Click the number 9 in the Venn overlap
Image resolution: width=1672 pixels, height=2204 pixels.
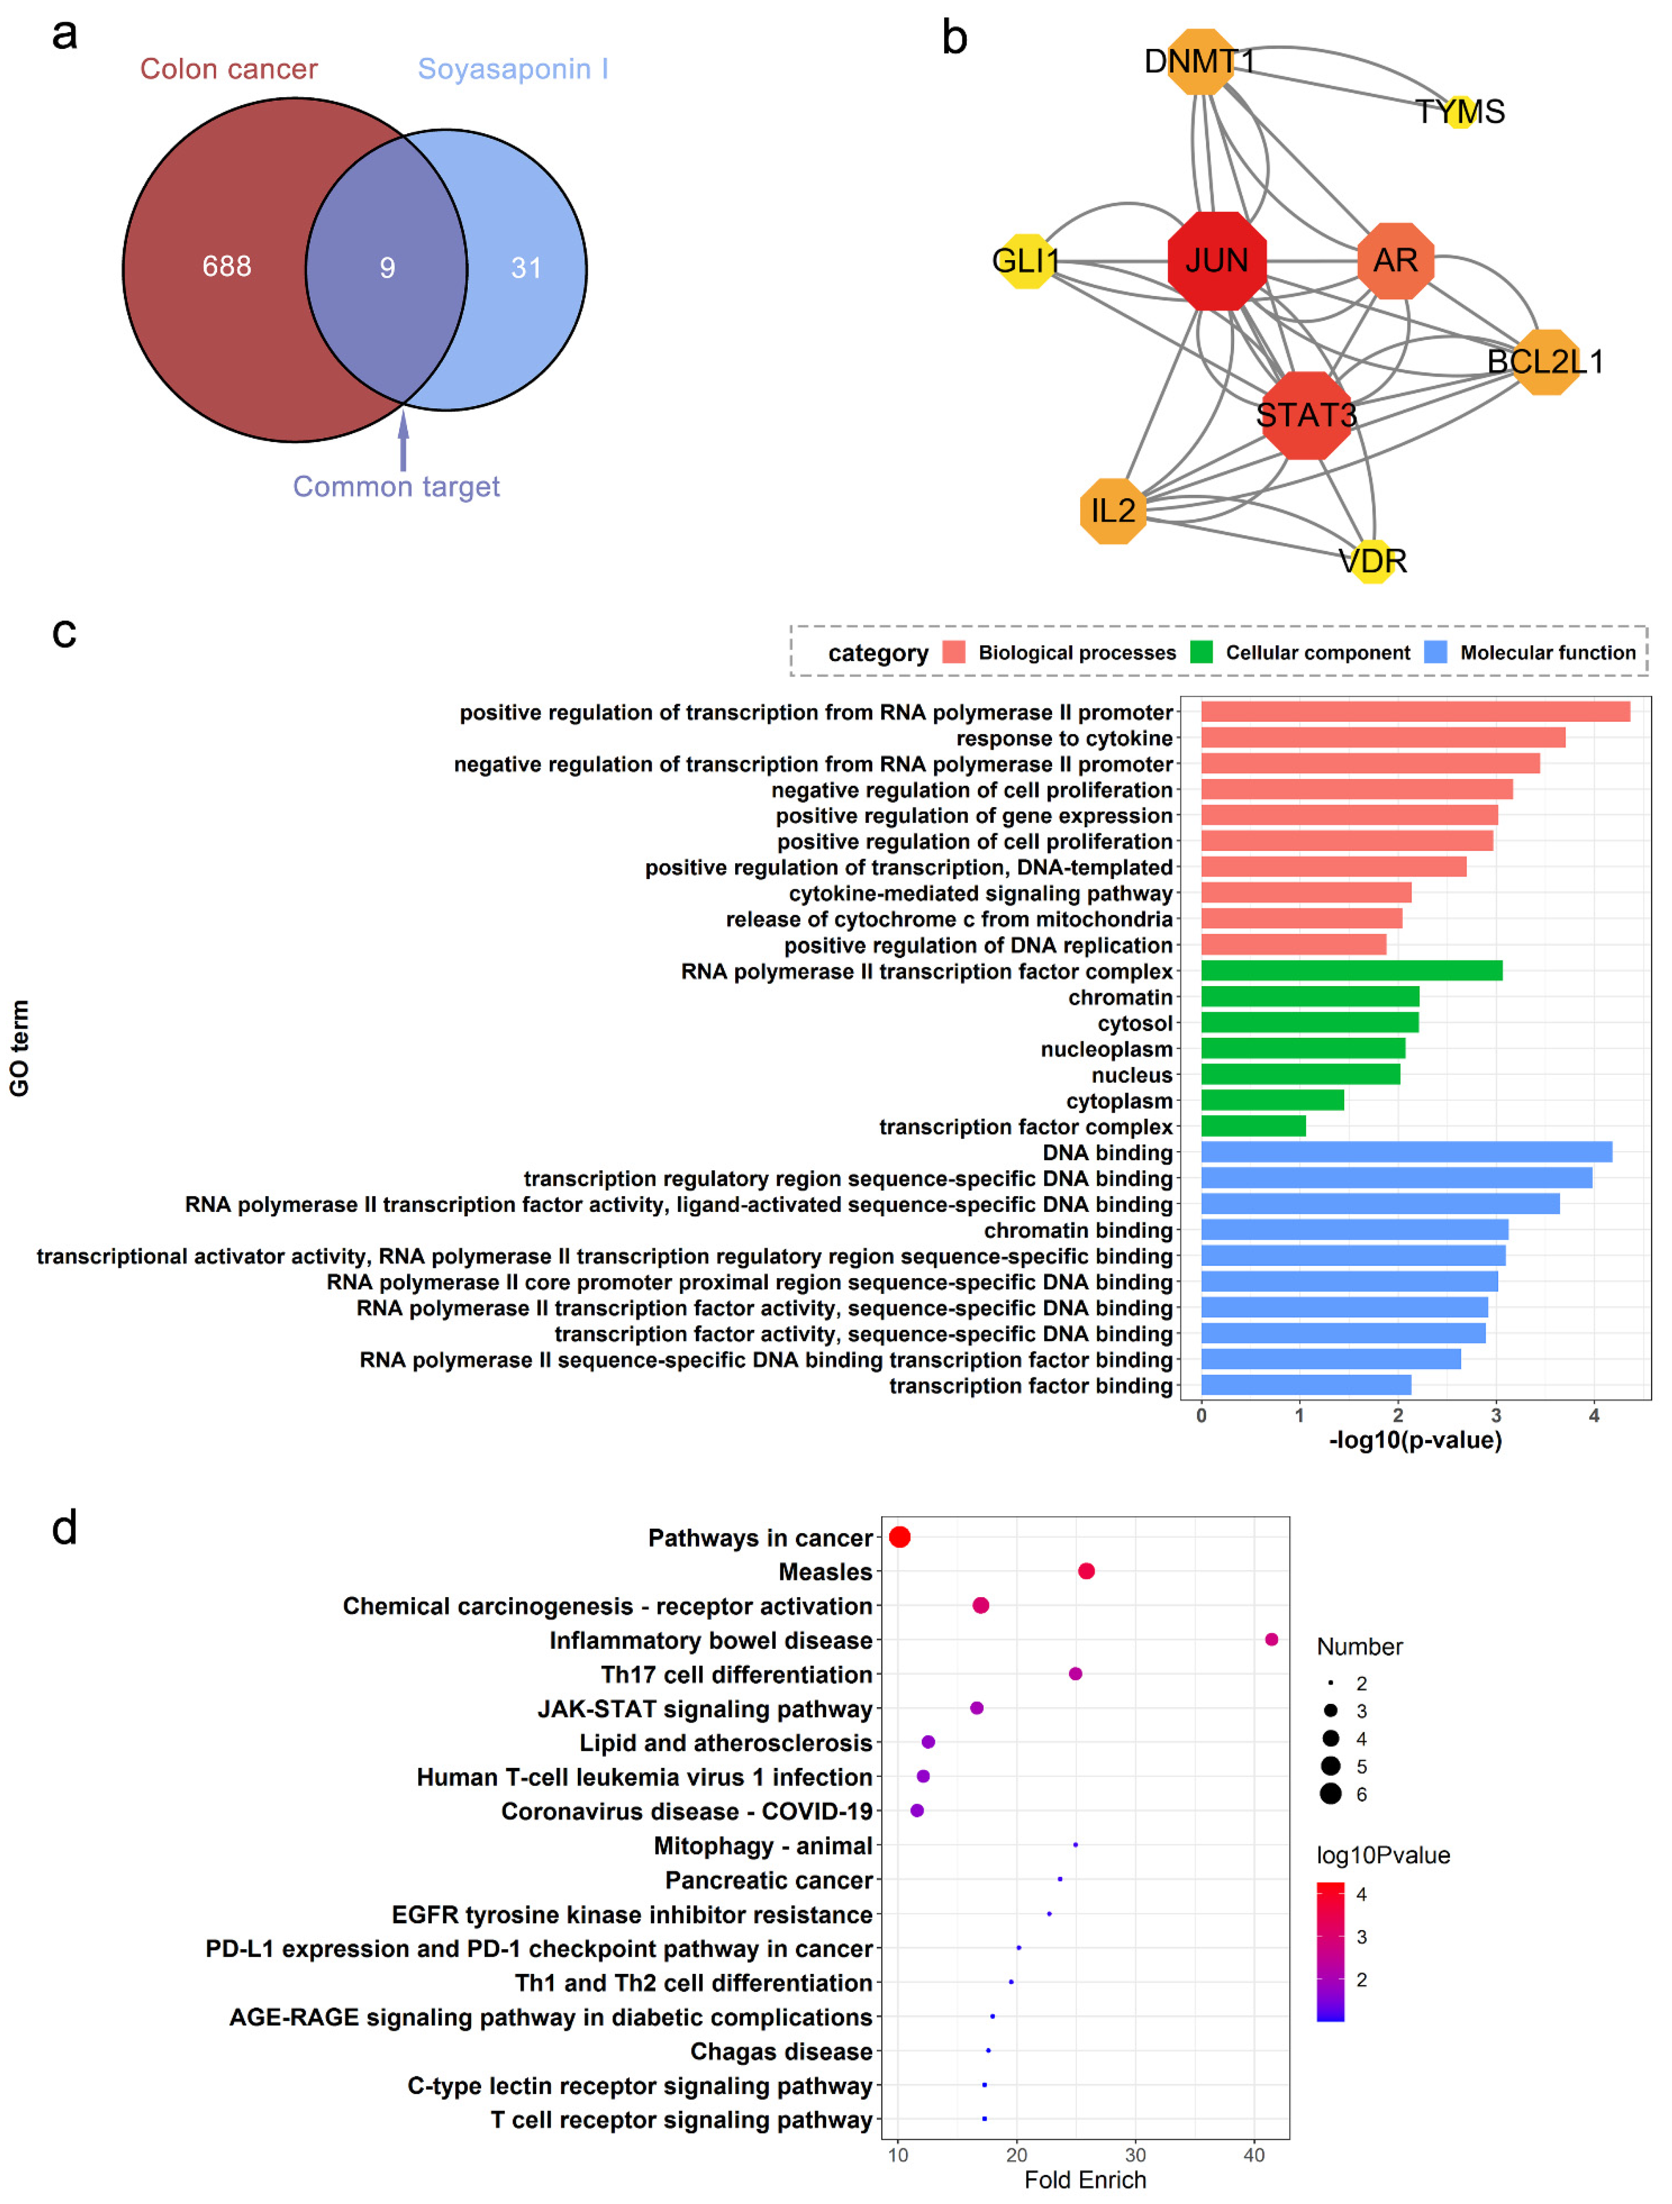tap(388, 268)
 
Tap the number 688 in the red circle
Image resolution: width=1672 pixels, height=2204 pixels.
tap(227, 266)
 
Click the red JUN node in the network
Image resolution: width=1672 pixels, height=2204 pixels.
tap(1217, 261)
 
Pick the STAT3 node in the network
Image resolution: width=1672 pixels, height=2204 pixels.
tap(1306, 414)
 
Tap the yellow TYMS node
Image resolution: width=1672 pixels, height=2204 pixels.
tap(1461, 111)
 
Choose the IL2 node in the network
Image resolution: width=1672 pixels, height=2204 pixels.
tap(1113, 511)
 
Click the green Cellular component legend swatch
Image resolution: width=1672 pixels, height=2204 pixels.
tap(1202, 653)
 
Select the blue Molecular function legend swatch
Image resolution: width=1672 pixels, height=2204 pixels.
tap(1436, 653)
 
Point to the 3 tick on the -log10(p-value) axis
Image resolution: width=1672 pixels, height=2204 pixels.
tap(1496, 1416)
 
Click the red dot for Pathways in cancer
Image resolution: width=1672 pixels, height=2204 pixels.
tap(900, 1537)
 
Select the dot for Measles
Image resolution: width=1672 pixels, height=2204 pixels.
tap(1086, 1571)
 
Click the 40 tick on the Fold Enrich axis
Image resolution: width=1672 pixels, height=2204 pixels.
tap(1254, 2155)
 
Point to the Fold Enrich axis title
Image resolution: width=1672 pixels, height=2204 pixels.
tap(1085, 2180)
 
